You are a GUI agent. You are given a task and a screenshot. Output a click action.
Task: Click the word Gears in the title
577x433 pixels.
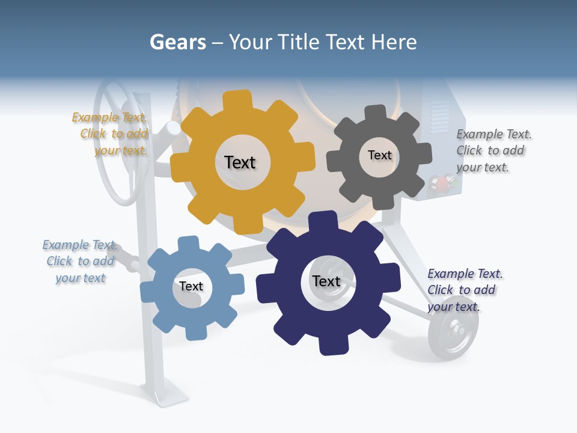click(x=177, y=42)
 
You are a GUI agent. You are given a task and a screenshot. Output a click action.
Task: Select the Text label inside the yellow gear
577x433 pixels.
click(x=240, y=162)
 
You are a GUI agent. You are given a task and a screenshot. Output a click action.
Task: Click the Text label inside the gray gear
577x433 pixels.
click(x=379, y=155)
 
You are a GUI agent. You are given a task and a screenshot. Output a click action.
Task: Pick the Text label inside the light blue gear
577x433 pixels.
click(x=191, y=286)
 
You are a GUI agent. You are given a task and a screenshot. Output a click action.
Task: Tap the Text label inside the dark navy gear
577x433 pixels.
click(x=326, y=281)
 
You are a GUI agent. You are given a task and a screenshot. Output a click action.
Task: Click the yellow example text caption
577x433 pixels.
click(x=111, y=134)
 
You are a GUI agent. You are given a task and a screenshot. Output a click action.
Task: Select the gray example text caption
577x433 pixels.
click(x=493, y=150)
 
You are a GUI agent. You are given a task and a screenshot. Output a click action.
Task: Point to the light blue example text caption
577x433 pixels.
click(x=80, y=261)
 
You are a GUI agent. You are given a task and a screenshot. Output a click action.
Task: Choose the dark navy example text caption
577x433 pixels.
click(x=464, y=290)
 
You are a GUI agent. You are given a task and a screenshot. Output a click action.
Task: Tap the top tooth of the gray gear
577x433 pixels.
click(x=376, y=113)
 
